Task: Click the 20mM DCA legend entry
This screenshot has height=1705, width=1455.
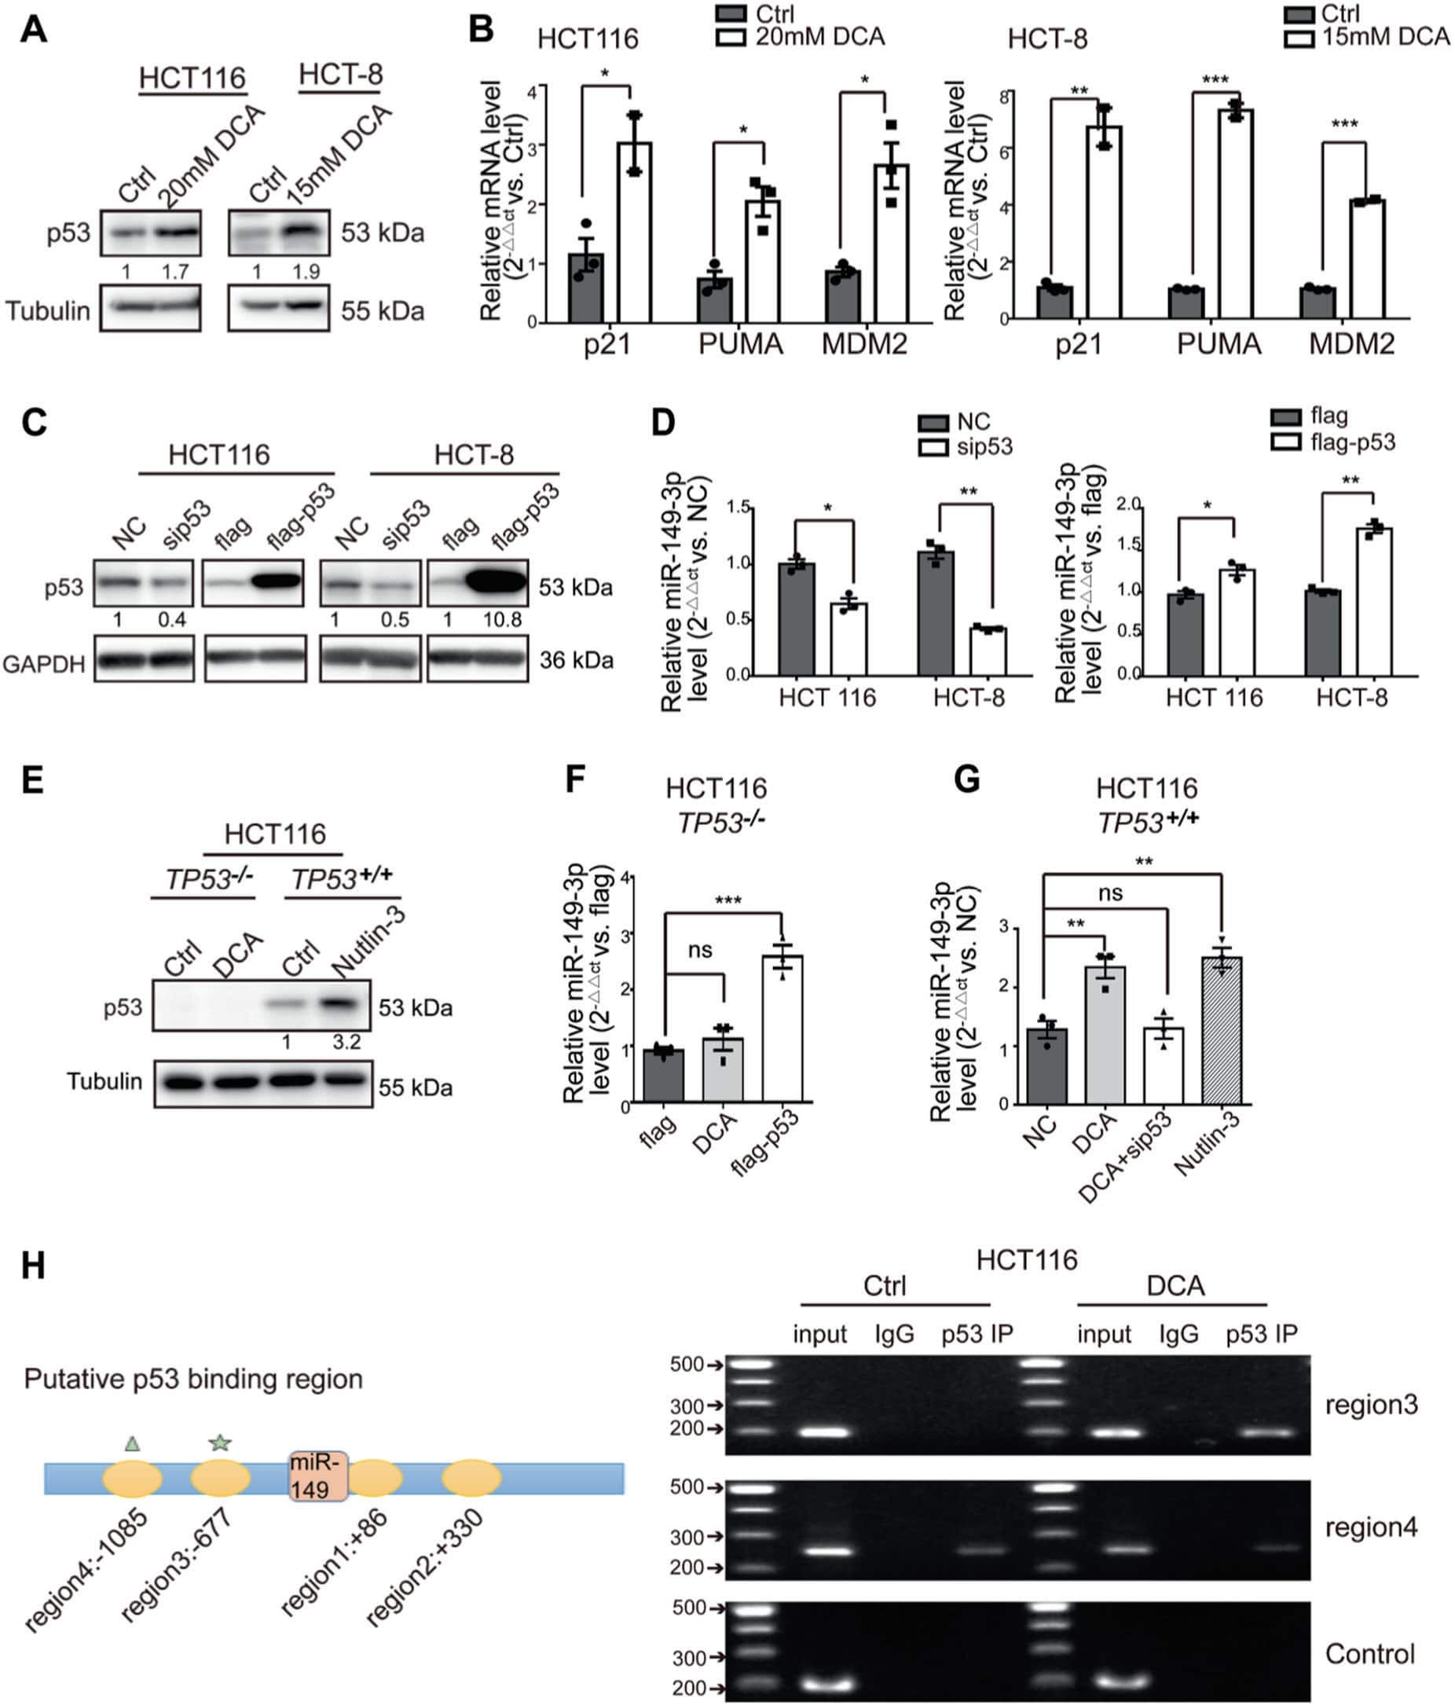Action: click(801, 37)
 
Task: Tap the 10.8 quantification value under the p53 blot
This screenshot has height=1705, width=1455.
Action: click(502, 620)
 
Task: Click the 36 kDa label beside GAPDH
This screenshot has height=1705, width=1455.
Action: click(576, 660)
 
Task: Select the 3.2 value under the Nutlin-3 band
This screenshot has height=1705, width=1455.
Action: click(346, 1042)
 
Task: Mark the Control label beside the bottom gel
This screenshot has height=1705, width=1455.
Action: click(1369, 1653)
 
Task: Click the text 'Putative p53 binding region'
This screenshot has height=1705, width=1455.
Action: click(193, 1378)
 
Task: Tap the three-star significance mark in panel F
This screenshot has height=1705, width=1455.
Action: click(728, 900)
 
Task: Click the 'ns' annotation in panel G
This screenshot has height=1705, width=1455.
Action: click(1110, 893)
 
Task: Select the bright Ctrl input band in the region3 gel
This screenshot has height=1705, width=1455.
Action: click(823, 1432)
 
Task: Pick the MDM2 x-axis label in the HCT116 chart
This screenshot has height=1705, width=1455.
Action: click(864, 343)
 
